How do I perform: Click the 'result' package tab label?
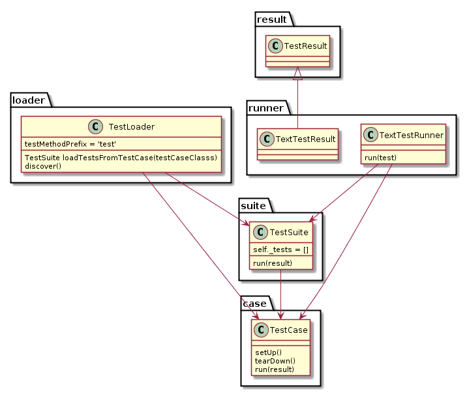tap(271, 20)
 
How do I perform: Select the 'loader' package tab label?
tap(28, 100)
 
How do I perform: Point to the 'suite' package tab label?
tap(253, 206)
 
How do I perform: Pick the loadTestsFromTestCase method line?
tap(121, 158)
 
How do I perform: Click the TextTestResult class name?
tap(307, 139)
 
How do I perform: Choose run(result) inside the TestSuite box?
tap(273, 263)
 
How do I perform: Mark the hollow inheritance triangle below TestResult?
tap(297, 72)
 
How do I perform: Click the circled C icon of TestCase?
tap(261, 330)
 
